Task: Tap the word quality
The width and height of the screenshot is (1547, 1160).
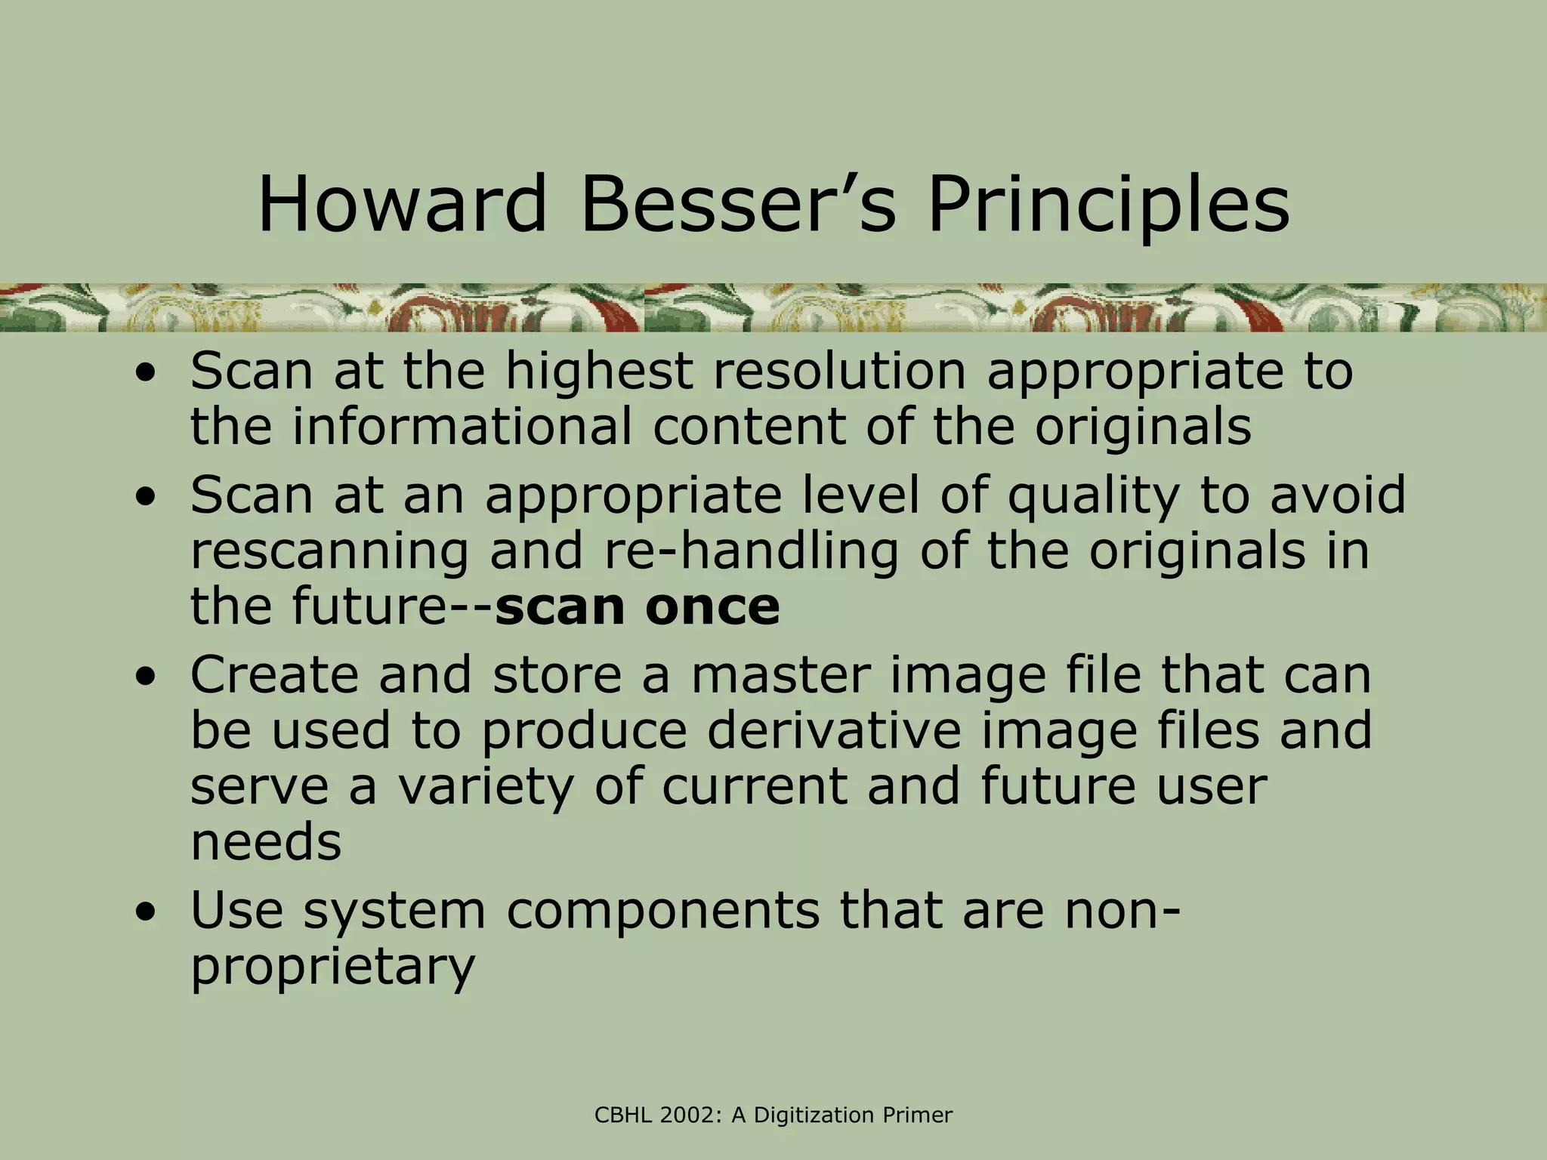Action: (1094, 497)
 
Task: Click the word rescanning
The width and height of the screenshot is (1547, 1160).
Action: (329, 551)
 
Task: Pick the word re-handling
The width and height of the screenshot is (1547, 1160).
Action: (751, 551)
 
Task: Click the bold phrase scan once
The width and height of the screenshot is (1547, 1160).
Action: (637, 606)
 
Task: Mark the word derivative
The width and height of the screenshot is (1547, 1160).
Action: (834, 730)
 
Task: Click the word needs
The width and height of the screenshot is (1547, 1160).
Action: (266, 841)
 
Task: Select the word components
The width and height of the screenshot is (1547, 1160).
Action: (662, 911)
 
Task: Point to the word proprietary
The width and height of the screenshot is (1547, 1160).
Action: (332, 967)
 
